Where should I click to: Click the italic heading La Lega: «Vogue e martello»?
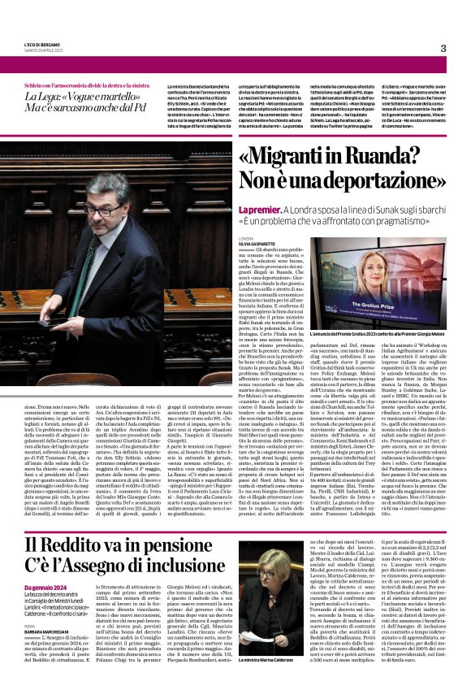(75, 98)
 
